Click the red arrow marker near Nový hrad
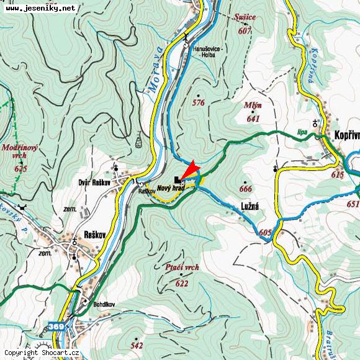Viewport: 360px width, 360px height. pyautogui.click(x=189, y=170)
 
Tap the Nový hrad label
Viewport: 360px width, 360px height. pyautogui.click(x=171, y=187)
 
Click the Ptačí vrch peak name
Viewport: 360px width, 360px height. pyautogui.click(x=183, y=268)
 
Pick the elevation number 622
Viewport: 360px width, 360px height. pyautogui.click(x=181, y=284)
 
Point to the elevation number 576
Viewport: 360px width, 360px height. pyautogui.click(x=198, y=102)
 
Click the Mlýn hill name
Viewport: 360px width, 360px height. pyautogui.click(x=253, y=106)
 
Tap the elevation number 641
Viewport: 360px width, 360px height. pyautogui.click(x=253, y=119)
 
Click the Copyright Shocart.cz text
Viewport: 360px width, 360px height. pyautogui.click(x=42, y=353)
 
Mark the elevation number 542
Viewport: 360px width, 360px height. pyautogui.click(x=137, y=346)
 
